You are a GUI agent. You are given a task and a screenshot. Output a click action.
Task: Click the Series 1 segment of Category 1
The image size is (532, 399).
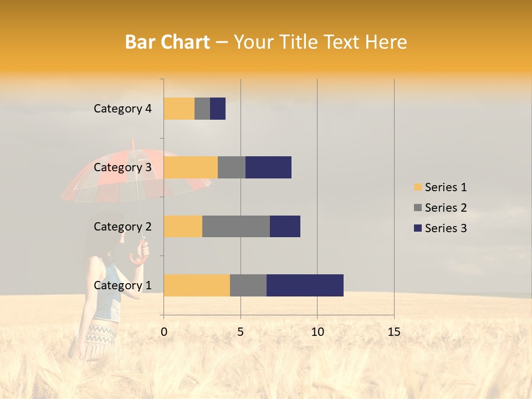click(197, 285)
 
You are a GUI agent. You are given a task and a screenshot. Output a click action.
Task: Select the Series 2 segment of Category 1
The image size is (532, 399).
click(248, 285)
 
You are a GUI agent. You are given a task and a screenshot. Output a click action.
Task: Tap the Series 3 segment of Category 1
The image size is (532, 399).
click(305, 285)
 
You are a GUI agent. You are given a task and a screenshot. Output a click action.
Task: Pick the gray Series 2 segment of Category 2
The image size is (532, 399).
click(236, 227)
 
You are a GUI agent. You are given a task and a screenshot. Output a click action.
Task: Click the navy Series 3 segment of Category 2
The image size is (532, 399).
click(285, 227)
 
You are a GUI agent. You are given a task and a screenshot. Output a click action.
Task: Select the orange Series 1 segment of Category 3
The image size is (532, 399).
click(191, 167)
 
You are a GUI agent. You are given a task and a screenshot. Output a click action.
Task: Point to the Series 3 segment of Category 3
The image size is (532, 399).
click(268, 167)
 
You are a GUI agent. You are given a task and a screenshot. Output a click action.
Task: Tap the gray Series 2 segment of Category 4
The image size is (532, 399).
click(202, 109)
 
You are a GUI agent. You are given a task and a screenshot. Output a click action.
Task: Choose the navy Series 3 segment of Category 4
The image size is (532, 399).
click(218, 109)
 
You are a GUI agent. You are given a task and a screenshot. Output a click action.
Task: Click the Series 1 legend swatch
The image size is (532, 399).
click(417, 187)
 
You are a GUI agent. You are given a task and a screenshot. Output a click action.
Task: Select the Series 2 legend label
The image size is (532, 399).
click(446, 208)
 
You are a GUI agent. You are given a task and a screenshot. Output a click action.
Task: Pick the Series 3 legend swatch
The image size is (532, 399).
click(417, 228)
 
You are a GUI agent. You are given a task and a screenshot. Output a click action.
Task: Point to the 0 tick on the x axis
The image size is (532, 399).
click(164, 332)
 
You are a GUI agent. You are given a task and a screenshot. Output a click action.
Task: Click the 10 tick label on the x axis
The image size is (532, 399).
click(317, 332)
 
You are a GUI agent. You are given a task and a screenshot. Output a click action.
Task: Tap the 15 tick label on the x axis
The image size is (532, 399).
click(394, 332)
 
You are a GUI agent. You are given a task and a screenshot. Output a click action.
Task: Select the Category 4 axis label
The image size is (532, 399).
click(122, 109)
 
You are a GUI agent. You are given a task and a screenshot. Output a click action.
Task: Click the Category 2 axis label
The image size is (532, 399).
click(122, 227)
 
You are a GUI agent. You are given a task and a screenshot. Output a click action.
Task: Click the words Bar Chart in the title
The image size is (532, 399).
click(167, 42)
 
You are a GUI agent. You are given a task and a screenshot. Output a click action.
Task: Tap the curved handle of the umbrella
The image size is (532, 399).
click(139, 254)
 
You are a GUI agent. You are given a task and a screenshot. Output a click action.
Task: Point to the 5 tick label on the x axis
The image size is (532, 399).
click(241, 332)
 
